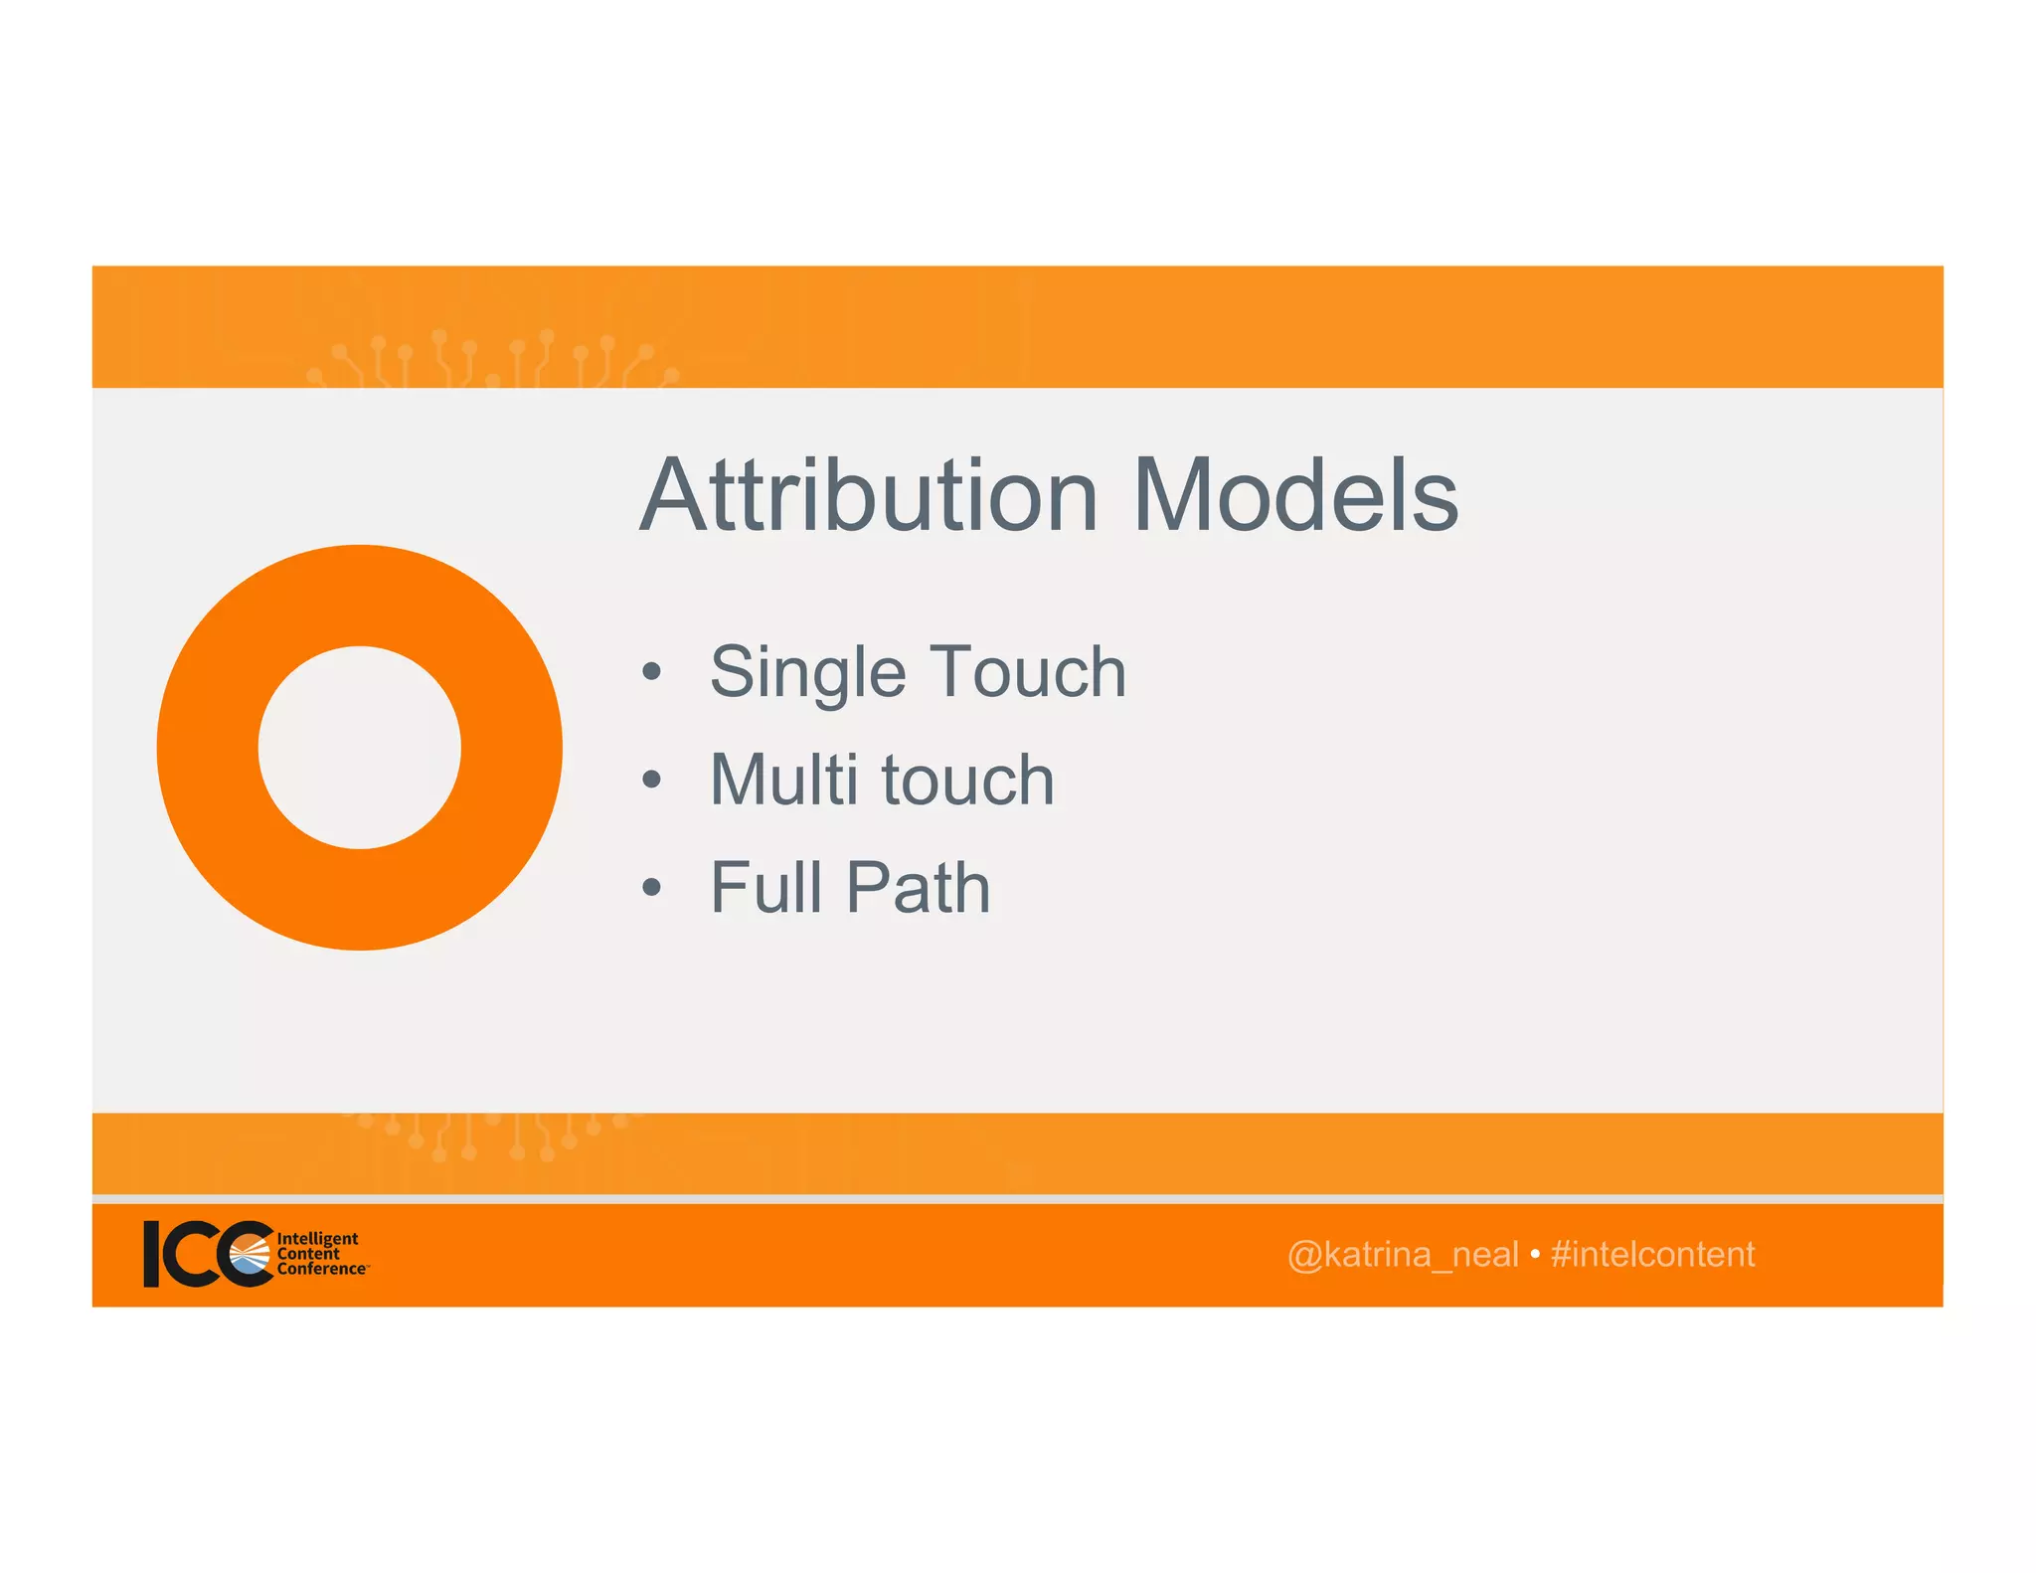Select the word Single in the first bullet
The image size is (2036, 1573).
tap(807, 673)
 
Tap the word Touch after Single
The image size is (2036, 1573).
tap(1027, 672)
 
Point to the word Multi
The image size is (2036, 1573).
tap(783, 780)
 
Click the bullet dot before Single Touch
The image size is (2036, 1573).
tap(651, 672)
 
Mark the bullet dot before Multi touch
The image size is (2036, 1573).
tap(651, 780)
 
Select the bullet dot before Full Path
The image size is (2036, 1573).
tap(651, 887)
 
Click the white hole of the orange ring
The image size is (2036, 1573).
tap(360, 748)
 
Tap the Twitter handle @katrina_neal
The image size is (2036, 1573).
tap(1402, 1255)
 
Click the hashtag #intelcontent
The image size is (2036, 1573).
tap(1652, 1255)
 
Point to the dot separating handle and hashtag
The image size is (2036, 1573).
tap(1534, 1255)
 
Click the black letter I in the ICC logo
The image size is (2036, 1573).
tap(152, 1254)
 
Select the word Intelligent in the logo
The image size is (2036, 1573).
tap(317, 1239)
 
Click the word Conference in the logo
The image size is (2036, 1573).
tap(321, 1270)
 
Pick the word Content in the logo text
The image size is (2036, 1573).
tap(308, 1254)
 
